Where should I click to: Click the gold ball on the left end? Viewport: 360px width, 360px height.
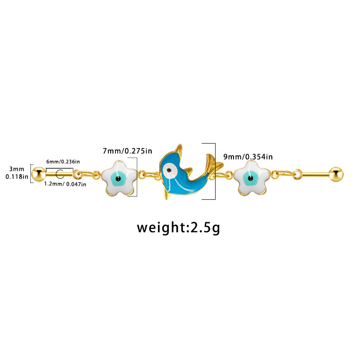tap(39, 172)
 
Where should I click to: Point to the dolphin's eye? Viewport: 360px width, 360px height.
tap(169, 170)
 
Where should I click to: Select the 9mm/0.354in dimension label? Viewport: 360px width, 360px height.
tap(248, 157)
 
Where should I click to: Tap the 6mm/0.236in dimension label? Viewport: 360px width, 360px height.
tap(63, 162)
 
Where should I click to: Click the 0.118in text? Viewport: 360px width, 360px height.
tap(17, 177)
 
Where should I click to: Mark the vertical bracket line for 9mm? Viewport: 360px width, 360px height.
tap(215, 171)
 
